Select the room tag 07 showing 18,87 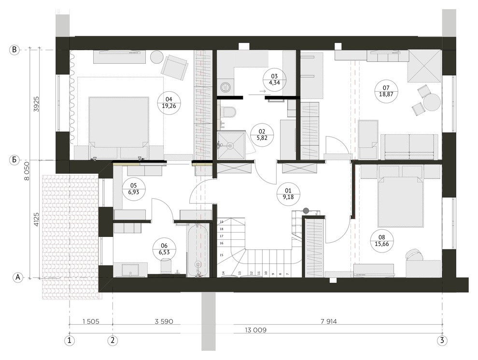tap(386, 91)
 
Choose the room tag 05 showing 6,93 tap(134, 189)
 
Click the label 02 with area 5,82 tap(261, 134)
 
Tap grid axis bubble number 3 tap(442, 340)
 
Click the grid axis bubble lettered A tap(18, 277)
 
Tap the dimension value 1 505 tap(91, 321)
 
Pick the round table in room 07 tap(432, 102)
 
